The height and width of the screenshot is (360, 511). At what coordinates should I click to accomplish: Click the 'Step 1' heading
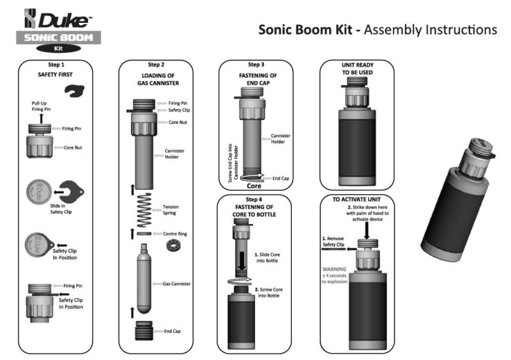click(x=54, y=65)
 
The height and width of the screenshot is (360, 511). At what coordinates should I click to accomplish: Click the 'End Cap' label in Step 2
click(x=173, y=331)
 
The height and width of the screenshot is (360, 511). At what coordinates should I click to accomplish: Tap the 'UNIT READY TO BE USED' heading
click(x=356, y=68)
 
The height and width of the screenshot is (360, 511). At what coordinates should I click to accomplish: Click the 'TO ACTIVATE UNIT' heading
click(x=356, y=199)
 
